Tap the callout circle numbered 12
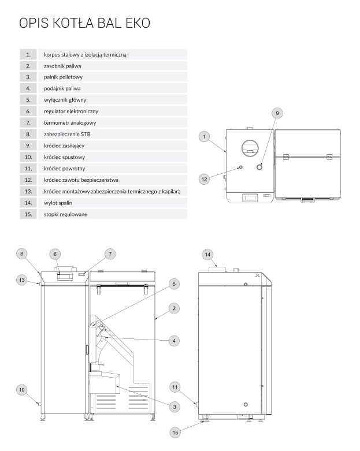pyautogui.click(x=204, y=179)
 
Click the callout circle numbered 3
pyautogui.click(x=173, y=407)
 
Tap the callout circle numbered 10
pyautogui.click(x=21, y=390)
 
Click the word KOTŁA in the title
pyautogui.click(x=73, y=24)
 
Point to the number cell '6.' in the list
pyautogui.click(x=28, y=111)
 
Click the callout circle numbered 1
pyautogui.click(x=204, y=136)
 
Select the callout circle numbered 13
pyautogui.click(x=21, y=279)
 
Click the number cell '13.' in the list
pyautogui.click(x=28, y=191)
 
